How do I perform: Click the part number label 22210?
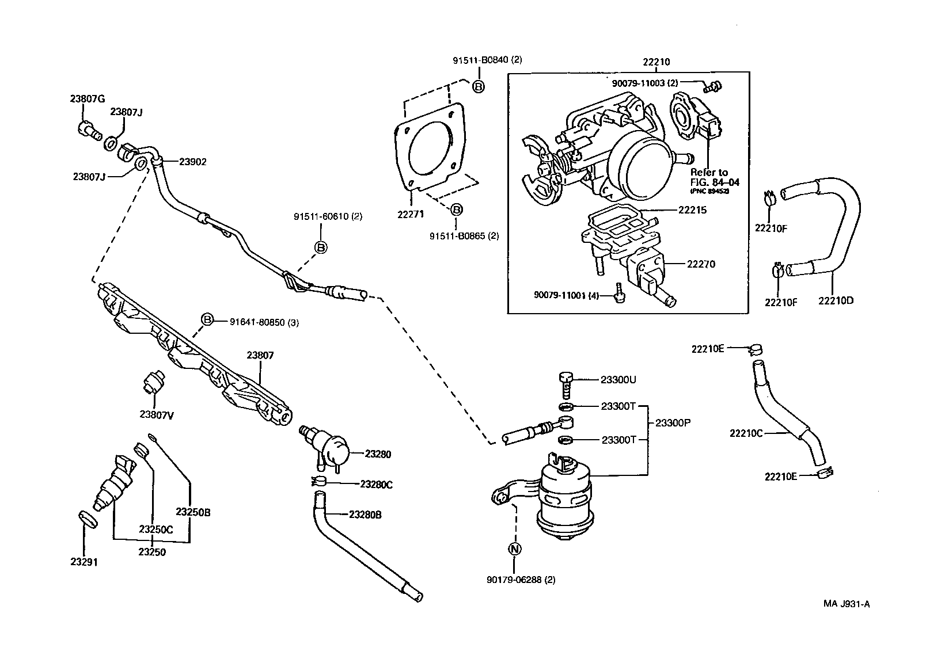point(656,62)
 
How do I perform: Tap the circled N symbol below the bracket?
point(515,549)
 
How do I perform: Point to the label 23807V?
point(157,414)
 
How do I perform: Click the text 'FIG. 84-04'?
point(715,182)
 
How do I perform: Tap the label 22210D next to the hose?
point(836,300)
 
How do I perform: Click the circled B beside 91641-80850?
point(207,320)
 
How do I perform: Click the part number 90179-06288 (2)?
point(521,580)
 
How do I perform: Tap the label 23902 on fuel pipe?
point(192,162)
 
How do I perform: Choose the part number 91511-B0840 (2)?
point(487,59)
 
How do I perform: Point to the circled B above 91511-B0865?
point(455,209)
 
